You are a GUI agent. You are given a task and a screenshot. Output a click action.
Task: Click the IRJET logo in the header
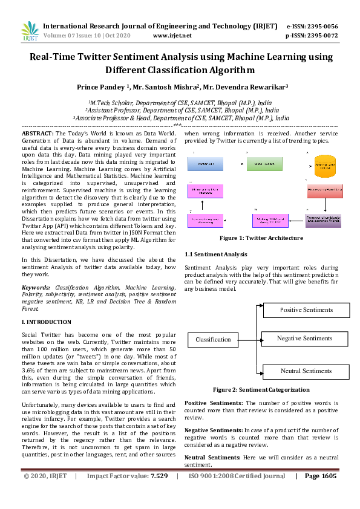pos(30,30)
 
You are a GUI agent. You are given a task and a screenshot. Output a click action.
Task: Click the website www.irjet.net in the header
pos(172,36)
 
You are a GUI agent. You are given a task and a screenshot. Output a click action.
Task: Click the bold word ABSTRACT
pos(38,132)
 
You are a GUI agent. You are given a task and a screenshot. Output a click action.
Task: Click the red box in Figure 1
pos(324,192)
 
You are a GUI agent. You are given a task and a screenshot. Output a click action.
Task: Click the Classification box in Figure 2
pos(213,340)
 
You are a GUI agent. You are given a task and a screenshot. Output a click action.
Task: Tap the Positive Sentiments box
pos(306,310)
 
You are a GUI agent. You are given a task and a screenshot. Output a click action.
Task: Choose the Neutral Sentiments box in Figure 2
pos(306,371)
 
